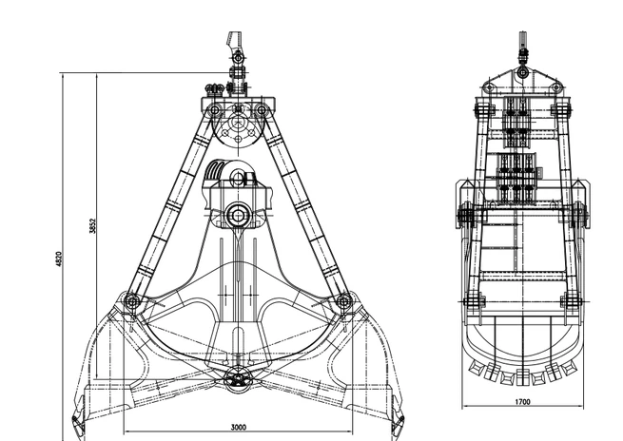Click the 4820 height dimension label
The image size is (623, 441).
point(59,259)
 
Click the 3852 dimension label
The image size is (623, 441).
point(92,225)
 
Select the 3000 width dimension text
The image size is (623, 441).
point(239,427)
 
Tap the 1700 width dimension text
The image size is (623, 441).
point(522,402)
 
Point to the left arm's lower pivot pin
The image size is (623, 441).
point(131,301)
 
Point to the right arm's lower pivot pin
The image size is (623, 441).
point(344,301)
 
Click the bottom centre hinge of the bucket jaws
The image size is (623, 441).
point(237,380)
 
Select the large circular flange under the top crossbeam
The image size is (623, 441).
point(238,124)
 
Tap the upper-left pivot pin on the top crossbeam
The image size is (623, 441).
point(215,109)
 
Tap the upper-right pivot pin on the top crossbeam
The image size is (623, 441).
point(261,109)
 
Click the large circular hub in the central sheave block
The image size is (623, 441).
point(237,216)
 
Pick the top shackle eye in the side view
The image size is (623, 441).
point(522,72)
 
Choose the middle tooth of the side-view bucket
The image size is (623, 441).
point(522,376)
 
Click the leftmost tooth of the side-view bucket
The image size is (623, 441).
point(477,369)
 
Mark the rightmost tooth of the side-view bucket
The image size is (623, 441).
point(569,369)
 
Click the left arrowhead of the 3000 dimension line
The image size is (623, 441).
point(127,431)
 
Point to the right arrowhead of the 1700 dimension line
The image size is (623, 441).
point(580,406)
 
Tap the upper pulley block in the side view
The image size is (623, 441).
point(516,118)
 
